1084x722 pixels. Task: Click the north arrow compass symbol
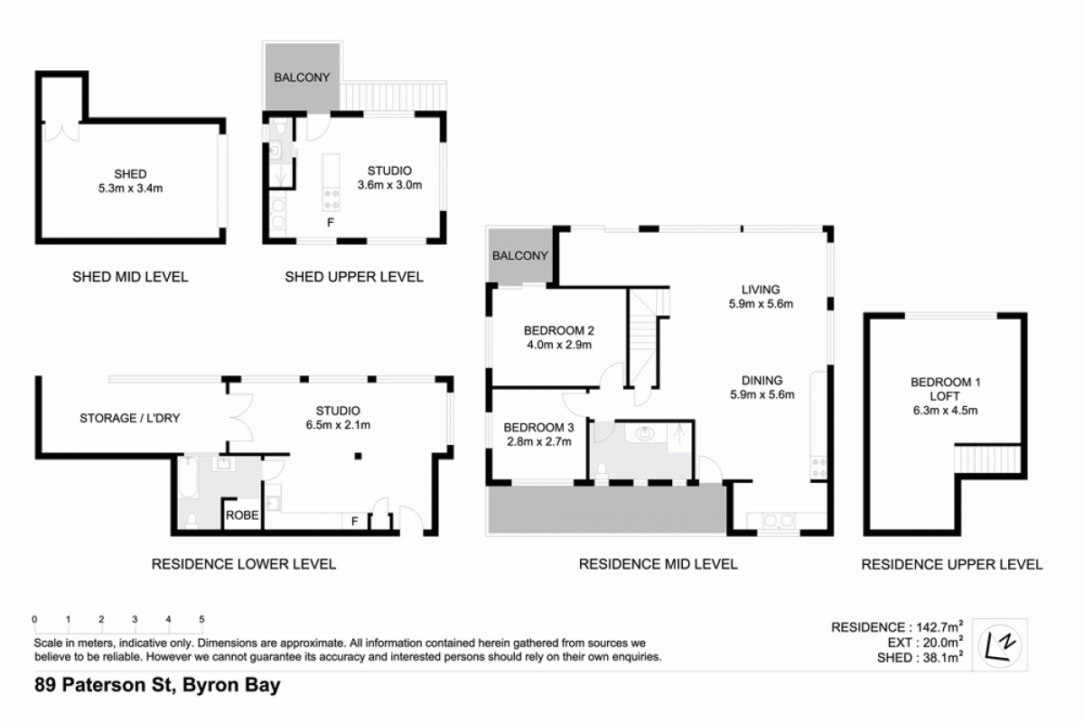(x=1000, y=645)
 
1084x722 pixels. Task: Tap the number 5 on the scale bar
(x=201, y=619)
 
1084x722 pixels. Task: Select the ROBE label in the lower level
(x=242, y=515)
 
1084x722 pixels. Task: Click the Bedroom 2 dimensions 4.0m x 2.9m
(x=559, y=345)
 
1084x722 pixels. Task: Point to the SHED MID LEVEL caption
(x=130, y=277)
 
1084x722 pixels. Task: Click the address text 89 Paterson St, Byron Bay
(x=157, y=685)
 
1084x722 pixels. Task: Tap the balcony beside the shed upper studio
(x=303, y=77)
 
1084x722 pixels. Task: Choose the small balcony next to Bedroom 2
(x=520, y=255)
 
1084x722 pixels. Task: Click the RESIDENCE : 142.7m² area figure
(x=897, y=627)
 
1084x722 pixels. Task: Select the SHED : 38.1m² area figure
(x=920, y=658)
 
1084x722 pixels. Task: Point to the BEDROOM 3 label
(x=538, y=428)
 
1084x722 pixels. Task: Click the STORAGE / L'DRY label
(x=130, y=418)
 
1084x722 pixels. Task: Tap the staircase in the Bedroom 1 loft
(x=987, y=459)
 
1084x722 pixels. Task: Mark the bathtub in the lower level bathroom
(x=188, y=478)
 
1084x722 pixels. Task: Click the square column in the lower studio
(x=358, y=456)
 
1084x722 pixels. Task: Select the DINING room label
(x=762, y=381)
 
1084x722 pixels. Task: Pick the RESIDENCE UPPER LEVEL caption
(x=952, y=564)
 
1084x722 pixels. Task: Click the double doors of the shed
(x=61, y=132)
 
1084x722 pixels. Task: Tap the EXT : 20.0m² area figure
(x=925, y=643)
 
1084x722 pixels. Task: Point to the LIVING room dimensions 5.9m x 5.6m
(x=761, y=304)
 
